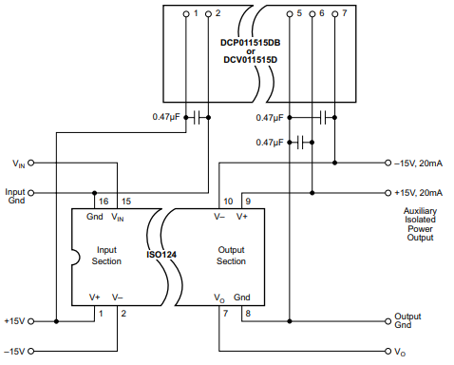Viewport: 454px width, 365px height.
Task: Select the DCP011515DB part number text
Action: click(251, 44)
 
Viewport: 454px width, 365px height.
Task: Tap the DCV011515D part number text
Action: click(251, 60)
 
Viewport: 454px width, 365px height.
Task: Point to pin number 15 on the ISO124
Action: click(125, 202)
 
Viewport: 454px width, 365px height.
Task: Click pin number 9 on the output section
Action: click(248, 202)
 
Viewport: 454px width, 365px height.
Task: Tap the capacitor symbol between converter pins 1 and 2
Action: click(198, 118)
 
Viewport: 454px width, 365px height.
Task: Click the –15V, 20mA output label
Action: click(420, 163)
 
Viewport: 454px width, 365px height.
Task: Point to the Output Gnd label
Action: click(407, 321)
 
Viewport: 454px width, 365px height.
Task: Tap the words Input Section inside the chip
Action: click(106, 255)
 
